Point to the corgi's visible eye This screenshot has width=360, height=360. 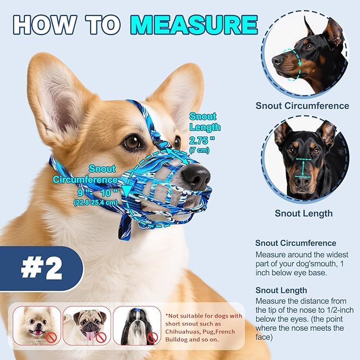132,142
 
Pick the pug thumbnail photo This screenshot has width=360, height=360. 86,326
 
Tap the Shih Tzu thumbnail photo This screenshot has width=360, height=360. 136,326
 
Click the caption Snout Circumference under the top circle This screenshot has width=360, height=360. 302,106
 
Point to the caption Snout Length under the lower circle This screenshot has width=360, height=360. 303,213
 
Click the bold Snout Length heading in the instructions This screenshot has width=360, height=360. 281,290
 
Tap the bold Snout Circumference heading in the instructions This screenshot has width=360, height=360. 296,243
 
